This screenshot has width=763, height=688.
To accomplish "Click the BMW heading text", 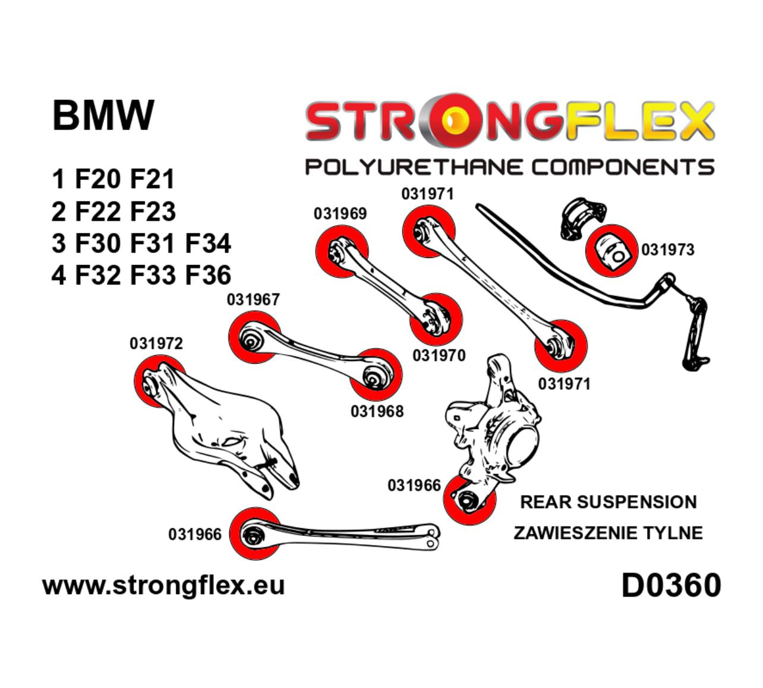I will coord(103,115).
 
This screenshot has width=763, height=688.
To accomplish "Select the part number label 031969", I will coord(340,213).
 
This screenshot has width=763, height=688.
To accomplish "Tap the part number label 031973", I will coord(667,250).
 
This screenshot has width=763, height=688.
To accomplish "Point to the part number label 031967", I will coord(253,299).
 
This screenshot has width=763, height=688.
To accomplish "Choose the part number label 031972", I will coord(156,343).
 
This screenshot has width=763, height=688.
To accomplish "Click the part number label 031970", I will coord(439,355).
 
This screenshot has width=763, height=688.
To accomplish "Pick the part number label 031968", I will coord(377,411).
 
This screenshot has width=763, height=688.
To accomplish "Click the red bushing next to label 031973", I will coord(611,250).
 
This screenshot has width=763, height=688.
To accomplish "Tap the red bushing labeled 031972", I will coord(153,382).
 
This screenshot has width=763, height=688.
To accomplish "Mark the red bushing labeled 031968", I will coord(375,374).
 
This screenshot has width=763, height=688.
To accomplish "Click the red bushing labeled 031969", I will coord(340,253).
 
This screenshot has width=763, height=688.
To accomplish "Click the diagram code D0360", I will coord(671,585).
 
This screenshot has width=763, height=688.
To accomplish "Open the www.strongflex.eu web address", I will coord(163,585).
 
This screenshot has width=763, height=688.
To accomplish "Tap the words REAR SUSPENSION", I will coord(608,502).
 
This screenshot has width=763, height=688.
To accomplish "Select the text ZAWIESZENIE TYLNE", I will coord(608,533).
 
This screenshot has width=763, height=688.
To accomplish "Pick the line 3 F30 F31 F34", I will coord(141,244).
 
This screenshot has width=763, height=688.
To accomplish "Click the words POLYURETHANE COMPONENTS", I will coord(509,166).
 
